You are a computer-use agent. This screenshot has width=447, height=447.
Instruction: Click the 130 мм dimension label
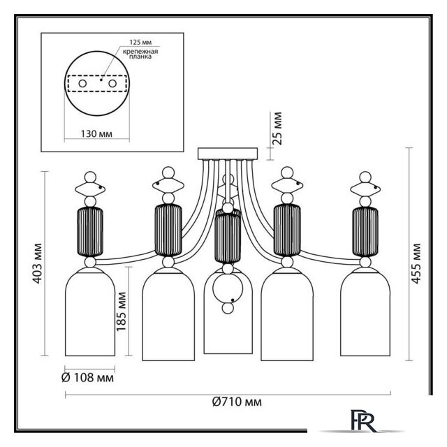[96, 133]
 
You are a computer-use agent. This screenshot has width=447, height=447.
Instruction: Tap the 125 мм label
[140, 42]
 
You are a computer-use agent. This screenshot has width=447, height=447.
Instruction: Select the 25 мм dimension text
[277, 129]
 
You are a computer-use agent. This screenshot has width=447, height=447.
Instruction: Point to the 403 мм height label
[37, 263]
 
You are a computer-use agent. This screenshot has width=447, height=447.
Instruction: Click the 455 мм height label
[416, 263]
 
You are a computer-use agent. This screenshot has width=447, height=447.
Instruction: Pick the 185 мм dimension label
[121, 312]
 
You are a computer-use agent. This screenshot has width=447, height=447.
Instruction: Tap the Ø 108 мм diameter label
[87, 378]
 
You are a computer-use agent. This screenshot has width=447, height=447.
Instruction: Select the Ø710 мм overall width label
[237, 402]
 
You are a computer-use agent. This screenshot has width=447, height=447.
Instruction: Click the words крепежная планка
[140, 54]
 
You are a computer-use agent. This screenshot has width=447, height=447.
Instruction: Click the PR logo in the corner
[363, 422]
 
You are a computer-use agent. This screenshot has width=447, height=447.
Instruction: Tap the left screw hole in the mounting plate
[82, 84]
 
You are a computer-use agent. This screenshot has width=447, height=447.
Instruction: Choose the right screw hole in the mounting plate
[112, 84]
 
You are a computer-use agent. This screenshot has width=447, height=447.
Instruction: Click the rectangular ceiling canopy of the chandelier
[228, 154]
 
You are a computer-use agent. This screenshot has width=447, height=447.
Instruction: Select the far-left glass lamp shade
[90, 312]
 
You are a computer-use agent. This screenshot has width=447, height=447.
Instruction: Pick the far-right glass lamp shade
[365, 312]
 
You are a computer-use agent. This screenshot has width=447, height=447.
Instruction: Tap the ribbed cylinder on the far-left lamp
[90, 232]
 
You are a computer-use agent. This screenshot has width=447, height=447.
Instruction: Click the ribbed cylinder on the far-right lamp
[365, 232]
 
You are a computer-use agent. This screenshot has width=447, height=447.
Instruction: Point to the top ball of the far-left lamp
[90, 177]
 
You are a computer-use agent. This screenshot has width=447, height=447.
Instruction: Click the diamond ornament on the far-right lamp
[365, 189]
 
